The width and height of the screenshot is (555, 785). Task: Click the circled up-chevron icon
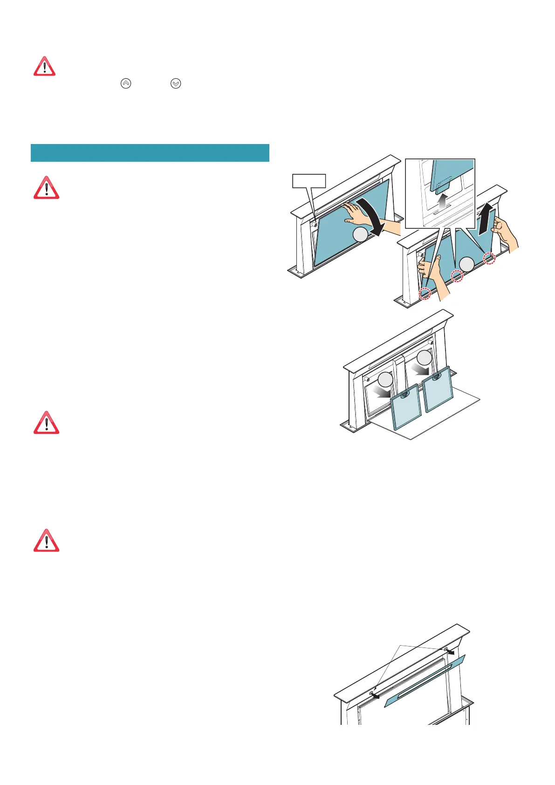tap(126, 83)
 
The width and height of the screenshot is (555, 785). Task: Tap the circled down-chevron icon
tap(175, 83)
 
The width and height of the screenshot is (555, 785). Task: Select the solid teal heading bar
tap(150, 152)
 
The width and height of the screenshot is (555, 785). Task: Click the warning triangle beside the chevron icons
tap(44, 67)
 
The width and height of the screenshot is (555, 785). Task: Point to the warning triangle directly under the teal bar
tap(46, 188)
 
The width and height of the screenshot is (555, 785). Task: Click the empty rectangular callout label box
tap(308, 180)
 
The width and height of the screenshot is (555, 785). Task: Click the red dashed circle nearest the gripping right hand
tap(489, 258)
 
